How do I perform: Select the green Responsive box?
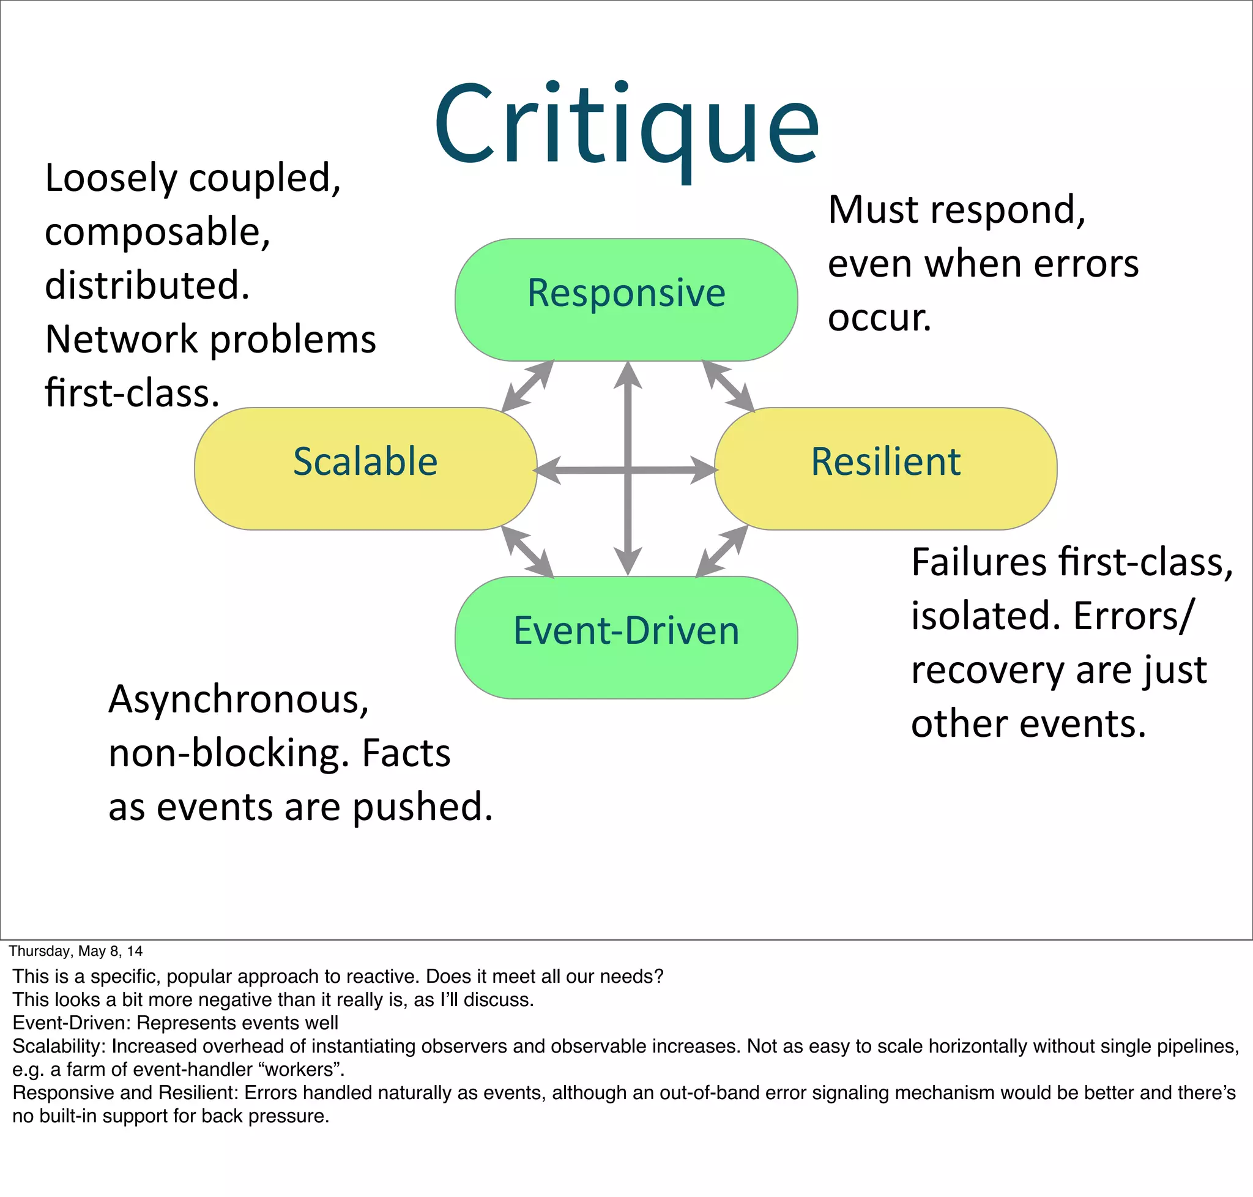coord(626,299)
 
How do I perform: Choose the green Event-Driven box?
coord(626,637)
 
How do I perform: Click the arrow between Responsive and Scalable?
coord(527,386)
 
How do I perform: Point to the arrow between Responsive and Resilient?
coord(728,386)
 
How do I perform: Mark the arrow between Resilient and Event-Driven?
coord(721,551)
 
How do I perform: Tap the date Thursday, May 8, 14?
coord(75,951)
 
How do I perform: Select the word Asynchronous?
coord(239,699)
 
